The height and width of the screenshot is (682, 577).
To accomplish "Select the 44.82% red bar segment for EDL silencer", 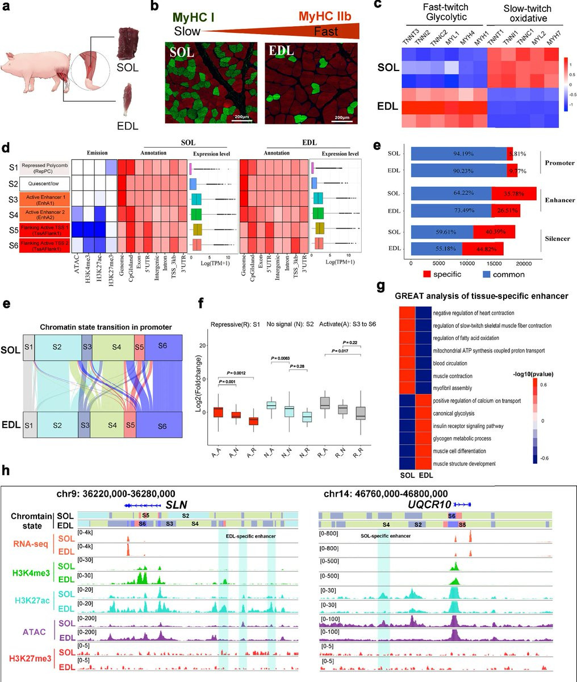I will click(x=482, y=249).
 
